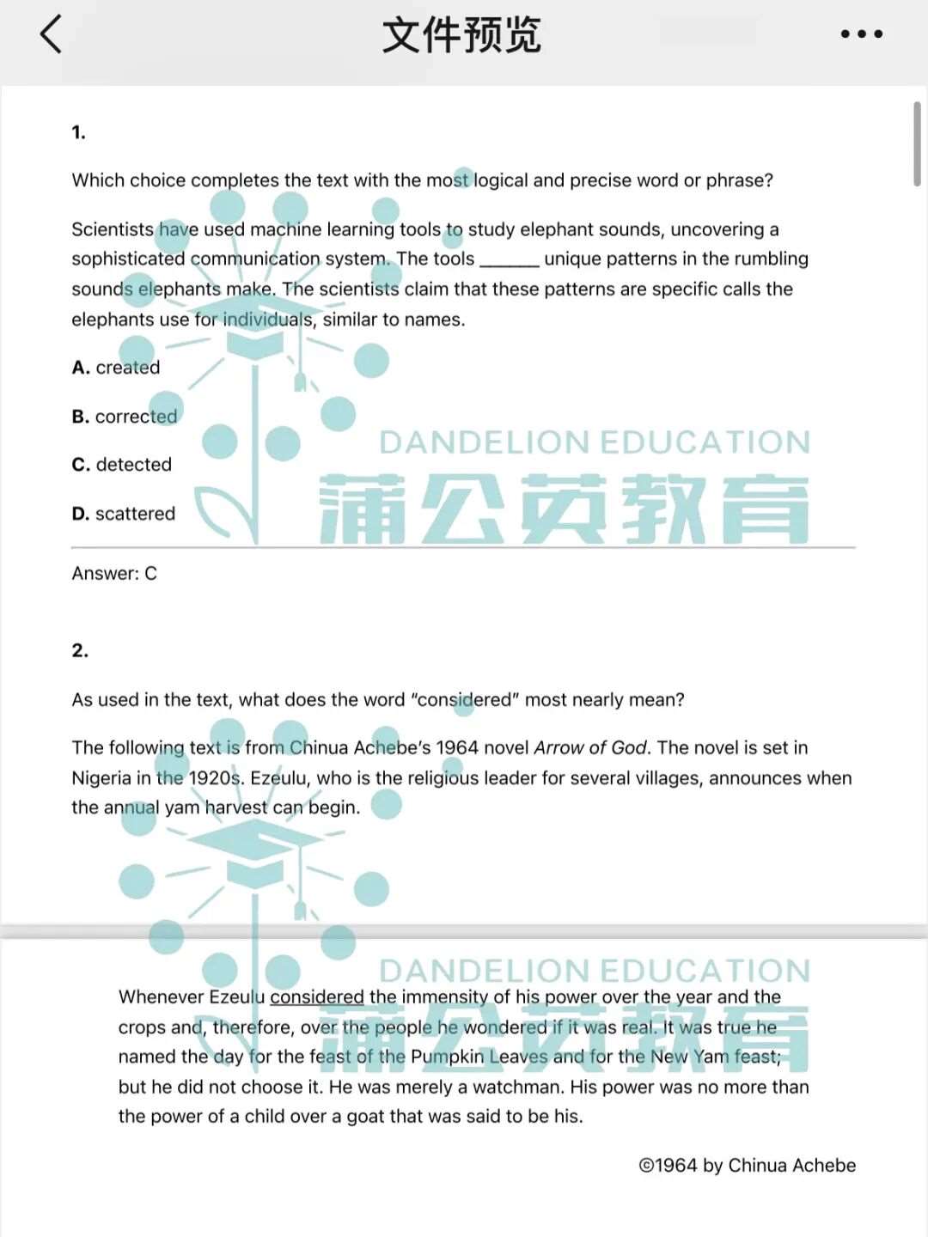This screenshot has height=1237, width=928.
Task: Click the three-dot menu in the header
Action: click(x=861, y=34)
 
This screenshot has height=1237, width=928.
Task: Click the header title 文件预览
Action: click(x=461, y=35)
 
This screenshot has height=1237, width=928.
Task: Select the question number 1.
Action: click(x=78, y=132)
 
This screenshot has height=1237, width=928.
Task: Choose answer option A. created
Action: click(x=116, y=368)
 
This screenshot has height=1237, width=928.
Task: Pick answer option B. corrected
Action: click(x=125, y=417)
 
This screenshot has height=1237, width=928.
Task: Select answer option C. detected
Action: click(x=122, y=465)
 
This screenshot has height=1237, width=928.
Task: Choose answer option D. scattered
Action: click(x=124, y=514)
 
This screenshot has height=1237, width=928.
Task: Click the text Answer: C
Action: click(x=114, y=574)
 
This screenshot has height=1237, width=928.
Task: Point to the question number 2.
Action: click(x=80, y=651)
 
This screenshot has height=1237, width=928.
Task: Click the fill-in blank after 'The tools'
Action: click(x=509, y=260)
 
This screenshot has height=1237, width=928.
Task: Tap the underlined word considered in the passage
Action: click(x=317, y=997)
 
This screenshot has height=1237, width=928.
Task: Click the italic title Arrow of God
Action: click(x=590, y=748)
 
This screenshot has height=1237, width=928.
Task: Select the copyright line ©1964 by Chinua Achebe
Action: click(x=747, y=1166)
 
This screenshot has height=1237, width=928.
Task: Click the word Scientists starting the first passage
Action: click(x=113, y=229)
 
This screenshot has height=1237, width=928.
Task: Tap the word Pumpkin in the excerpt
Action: click(x=447, y=1057)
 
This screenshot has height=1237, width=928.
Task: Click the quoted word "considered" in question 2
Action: click(x=464, y=700)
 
